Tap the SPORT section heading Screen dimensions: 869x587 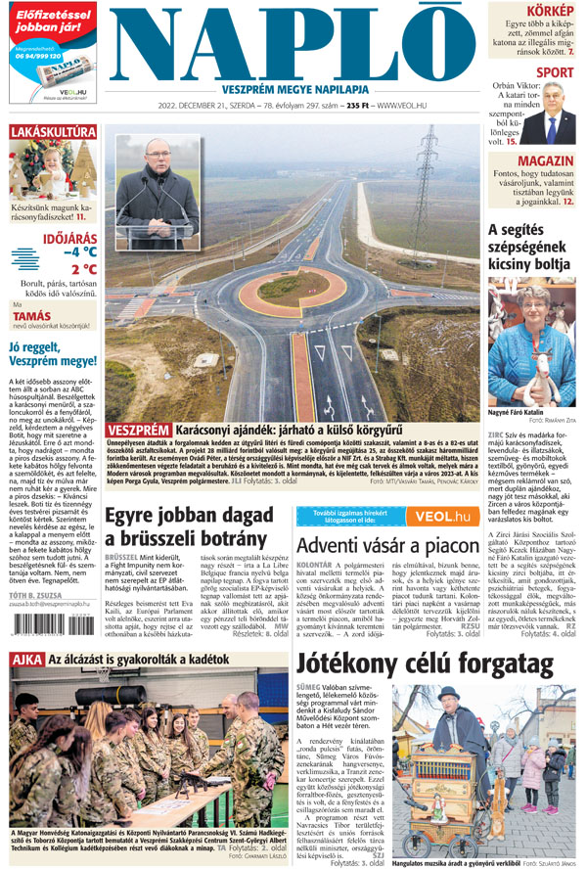tap(555, 72)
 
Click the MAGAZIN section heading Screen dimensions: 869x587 tap(546, 160)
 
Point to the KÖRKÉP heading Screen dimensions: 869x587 tap(551, 9)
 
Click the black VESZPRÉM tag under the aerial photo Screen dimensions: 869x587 tap(138, 430)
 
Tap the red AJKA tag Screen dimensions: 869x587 tap(24, 660)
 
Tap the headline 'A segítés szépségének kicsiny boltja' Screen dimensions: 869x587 tap(531, 247)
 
